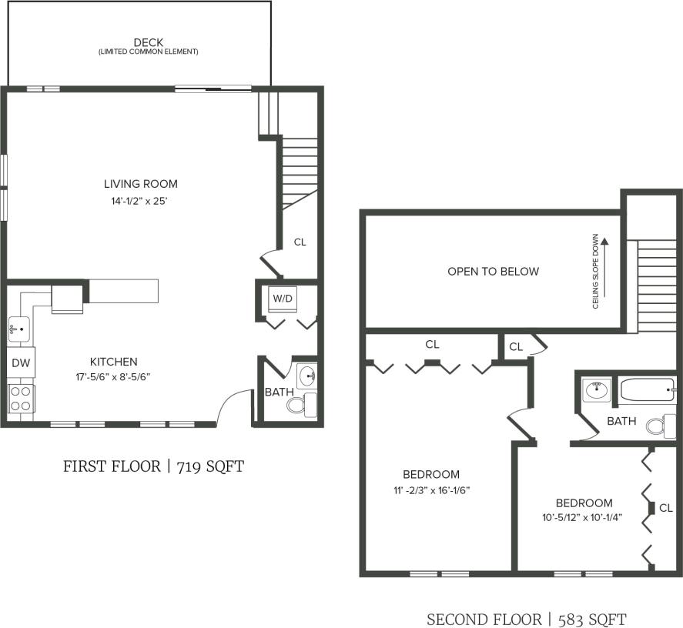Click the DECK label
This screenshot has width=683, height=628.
[x=148, y=42]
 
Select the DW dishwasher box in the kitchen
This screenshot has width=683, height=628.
[x=20, y=362]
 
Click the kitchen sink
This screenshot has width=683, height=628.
[x=19, y=330]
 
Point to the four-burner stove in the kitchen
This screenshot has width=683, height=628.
[x=20, y=399]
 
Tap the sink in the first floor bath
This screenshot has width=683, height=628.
[x=307, y=377]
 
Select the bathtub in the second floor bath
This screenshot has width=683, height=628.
[x=648, y=391]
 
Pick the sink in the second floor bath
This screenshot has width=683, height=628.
[x=595, y=390]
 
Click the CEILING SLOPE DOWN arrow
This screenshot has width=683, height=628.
[x=604, y=269]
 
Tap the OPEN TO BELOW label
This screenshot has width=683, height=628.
[x=493, y=272]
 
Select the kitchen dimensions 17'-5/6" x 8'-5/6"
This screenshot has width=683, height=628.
[x=113, y=377]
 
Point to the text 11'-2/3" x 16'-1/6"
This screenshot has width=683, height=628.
[x=430, y=489]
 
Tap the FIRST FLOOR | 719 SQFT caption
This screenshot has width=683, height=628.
[x=153, y=466]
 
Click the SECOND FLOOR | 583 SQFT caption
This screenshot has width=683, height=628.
[x=527, y=619]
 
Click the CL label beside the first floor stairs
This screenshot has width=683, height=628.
[x=300, y=242]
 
